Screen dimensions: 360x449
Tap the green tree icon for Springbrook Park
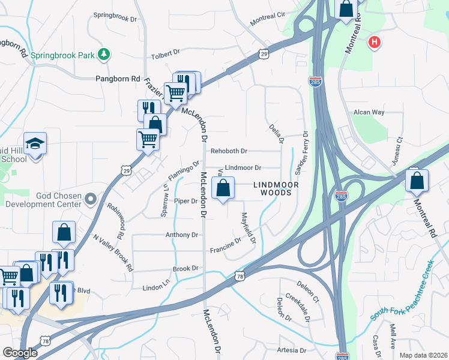[x=105, y=55]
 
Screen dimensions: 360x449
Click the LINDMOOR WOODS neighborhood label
[x=276, y=188]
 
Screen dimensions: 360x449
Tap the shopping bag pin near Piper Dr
[x=223, y=188]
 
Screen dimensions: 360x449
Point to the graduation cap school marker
[x=35, y=144]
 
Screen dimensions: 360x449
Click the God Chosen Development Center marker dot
[x=90, y=198]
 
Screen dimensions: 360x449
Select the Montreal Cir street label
[x=267, y=19]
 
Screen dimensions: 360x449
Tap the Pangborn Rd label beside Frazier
[x=118, y=79]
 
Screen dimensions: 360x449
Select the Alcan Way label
[x=369, y=112]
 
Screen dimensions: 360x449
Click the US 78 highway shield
[x=240, y=276]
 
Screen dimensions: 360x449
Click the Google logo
[x=20, y=352]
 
